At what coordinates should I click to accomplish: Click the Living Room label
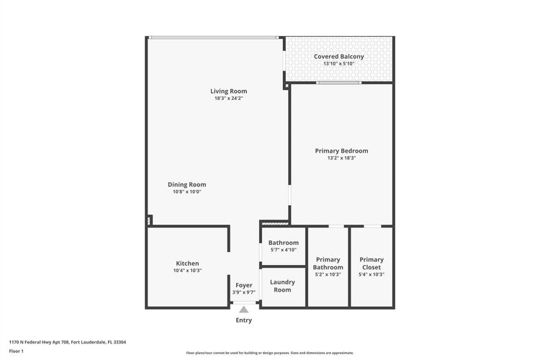click(x=229, y=91)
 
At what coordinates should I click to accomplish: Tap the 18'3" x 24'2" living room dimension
click(x=229, y=98)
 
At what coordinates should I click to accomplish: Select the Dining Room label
click(x=187, y=184)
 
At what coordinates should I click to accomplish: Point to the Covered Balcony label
click(x=339, y=56)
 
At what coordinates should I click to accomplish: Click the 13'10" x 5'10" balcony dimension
click(x=339, y=64)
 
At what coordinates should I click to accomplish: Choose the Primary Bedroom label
click(x=341, y=151)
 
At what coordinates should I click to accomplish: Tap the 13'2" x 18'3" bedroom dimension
click(x=341, y=158)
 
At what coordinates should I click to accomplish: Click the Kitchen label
click(x=187, y=264)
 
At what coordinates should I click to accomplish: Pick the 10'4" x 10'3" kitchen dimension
click(x=187, y=271)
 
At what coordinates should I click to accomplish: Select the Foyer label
click(x=244, y=285)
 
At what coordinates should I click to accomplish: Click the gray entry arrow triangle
click(x=244, y=310)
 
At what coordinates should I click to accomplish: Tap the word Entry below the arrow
click(x=244, y=320)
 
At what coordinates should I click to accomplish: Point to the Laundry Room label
click(x=282, y=286)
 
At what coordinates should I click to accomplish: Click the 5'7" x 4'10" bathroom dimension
click(x=284, y=250)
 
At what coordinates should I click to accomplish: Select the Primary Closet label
click(x=372, y=264)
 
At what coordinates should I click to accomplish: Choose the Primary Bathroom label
click(x=328, y=264)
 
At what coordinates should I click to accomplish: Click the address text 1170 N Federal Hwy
click(x=31, y=343)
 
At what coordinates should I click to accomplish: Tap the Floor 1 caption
click(x=16, y=351)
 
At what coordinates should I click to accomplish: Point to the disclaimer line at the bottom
click(x=270, y=353)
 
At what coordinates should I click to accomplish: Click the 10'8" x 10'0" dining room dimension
click(x=187, y=192)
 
